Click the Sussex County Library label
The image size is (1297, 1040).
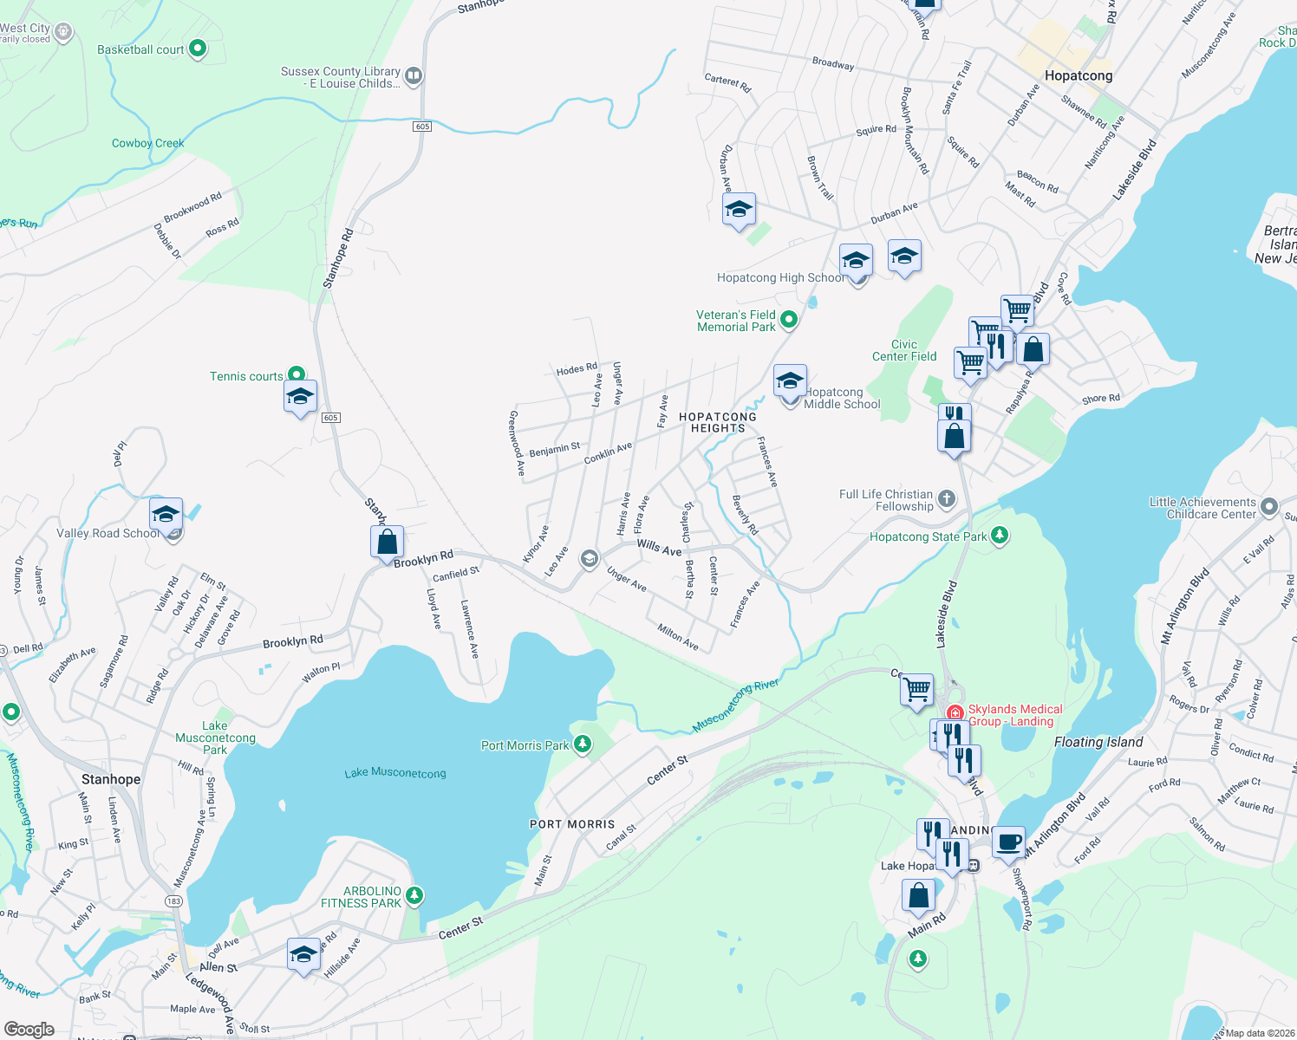(x=341, y=78)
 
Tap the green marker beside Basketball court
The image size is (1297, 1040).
(x=198, y=49)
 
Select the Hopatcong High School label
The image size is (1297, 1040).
(x=779, y=278)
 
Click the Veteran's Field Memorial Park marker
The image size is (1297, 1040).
(x=789, y=320)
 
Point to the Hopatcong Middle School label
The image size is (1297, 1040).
(x=841, y=399)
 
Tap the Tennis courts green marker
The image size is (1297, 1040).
(x=297, y=375)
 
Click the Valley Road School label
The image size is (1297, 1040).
(x=108, y=534)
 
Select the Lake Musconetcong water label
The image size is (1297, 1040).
(x=395, y=773)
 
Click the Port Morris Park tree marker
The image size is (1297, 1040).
(x=583, y=744)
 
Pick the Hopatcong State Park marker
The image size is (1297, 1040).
(x=1000, y=536)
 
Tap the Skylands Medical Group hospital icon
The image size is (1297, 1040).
(x=955, y=712)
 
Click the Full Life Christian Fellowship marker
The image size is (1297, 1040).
(x=947, y=498)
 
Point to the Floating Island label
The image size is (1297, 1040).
(x=1098, y=742)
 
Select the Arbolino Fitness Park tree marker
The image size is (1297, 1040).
(x=414, y=895)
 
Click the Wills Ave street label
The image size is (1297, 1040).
(x=659, y=548)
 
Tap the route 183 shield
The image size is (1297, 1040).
(x=174, y=901)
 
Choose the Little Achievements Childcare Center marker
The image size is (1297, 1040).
(x=1269, y=506)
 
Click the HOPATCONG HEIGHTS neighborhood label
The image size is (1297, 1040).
(x=718, y=422)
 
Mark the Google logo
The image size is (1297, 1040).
(x=29, y=1030)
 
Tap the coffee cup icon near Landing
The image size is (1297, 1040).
(x=1008, y=842)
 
